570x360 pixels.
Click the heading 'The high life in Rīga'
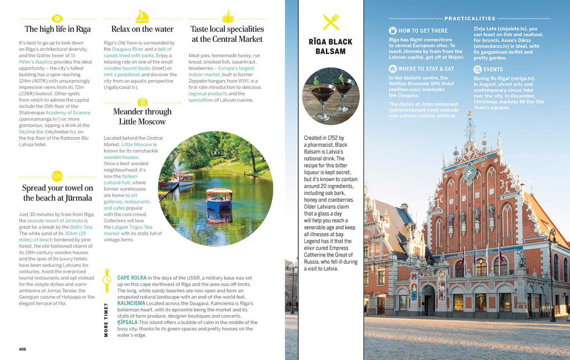(x=58, y=29)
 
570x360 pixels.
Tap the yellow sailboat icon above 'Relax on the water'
(x=142, y=16)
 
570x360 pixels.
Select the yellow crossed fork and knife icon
(x=331, y=21)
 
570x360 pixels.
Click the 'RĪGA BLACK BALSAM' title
(x=330, y=46)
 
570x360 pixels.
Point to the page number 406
(x=22, y=349)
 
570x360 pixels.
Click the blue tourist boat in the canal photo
(x=219, y=198)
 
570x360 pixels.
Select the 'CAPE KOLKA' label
(x=132, y=277)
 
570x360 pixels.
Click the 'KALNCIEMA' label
(x=131, y=303)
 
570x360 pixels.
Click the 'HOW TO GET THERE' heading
(x=422, y=31)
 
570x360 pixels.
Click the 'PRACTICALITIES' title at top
(x=470, y=18)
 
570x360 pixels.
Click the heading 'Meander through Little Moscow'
(x=142, y=116)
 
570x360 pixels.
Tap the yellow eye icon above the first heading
(x=58, y=17)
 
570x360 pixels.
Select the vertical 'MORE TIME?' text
(x=106, y=320)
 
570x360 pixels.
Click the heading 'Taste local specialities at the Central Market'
(x=227, y=34)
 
